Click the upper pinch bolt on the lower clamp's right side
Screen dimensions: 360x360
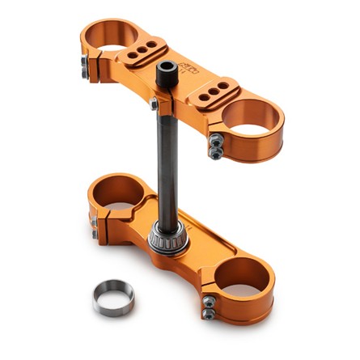[x=208, y=301]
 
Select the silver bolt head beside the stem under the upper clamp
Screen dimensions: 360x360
[x=153, y=103]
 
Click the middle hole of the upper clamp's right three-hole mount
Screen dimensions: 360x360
[x=211, y=91]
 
